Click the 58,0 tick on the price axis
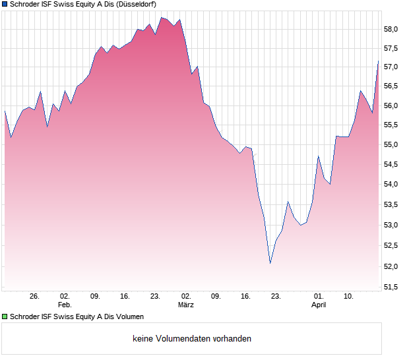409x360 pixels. point(392,29)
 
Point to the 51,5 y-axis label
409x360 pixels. point(392,287)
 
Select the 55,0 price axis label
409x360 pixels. point(392,145)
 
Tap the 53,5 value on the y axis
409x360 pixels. point(392,205)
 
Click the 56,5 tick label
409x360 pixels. point(392,86)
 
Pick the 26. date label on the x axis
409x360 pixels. point(35,297)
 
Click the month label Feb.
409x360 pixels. point(65,305)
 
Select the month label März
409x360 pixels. point(186,305)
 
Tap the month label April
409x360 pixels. point(319,305)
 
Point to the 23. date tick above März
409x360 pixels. point(155,297)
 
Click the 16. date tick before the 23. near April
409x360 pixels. point(245,297)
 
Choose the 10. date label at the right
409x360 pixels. point(348,297)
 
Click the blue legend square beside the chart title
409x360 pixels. point(5,4)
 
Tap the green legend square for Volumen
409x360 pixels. point(5,316)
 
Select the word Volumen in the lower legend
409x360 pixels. point(129,316)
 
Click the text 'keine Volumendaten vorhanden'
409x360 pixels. point(192,339)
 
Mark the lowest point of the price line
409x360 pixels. point(270,264)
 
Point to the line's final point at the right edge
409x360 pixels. point(379,61)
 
